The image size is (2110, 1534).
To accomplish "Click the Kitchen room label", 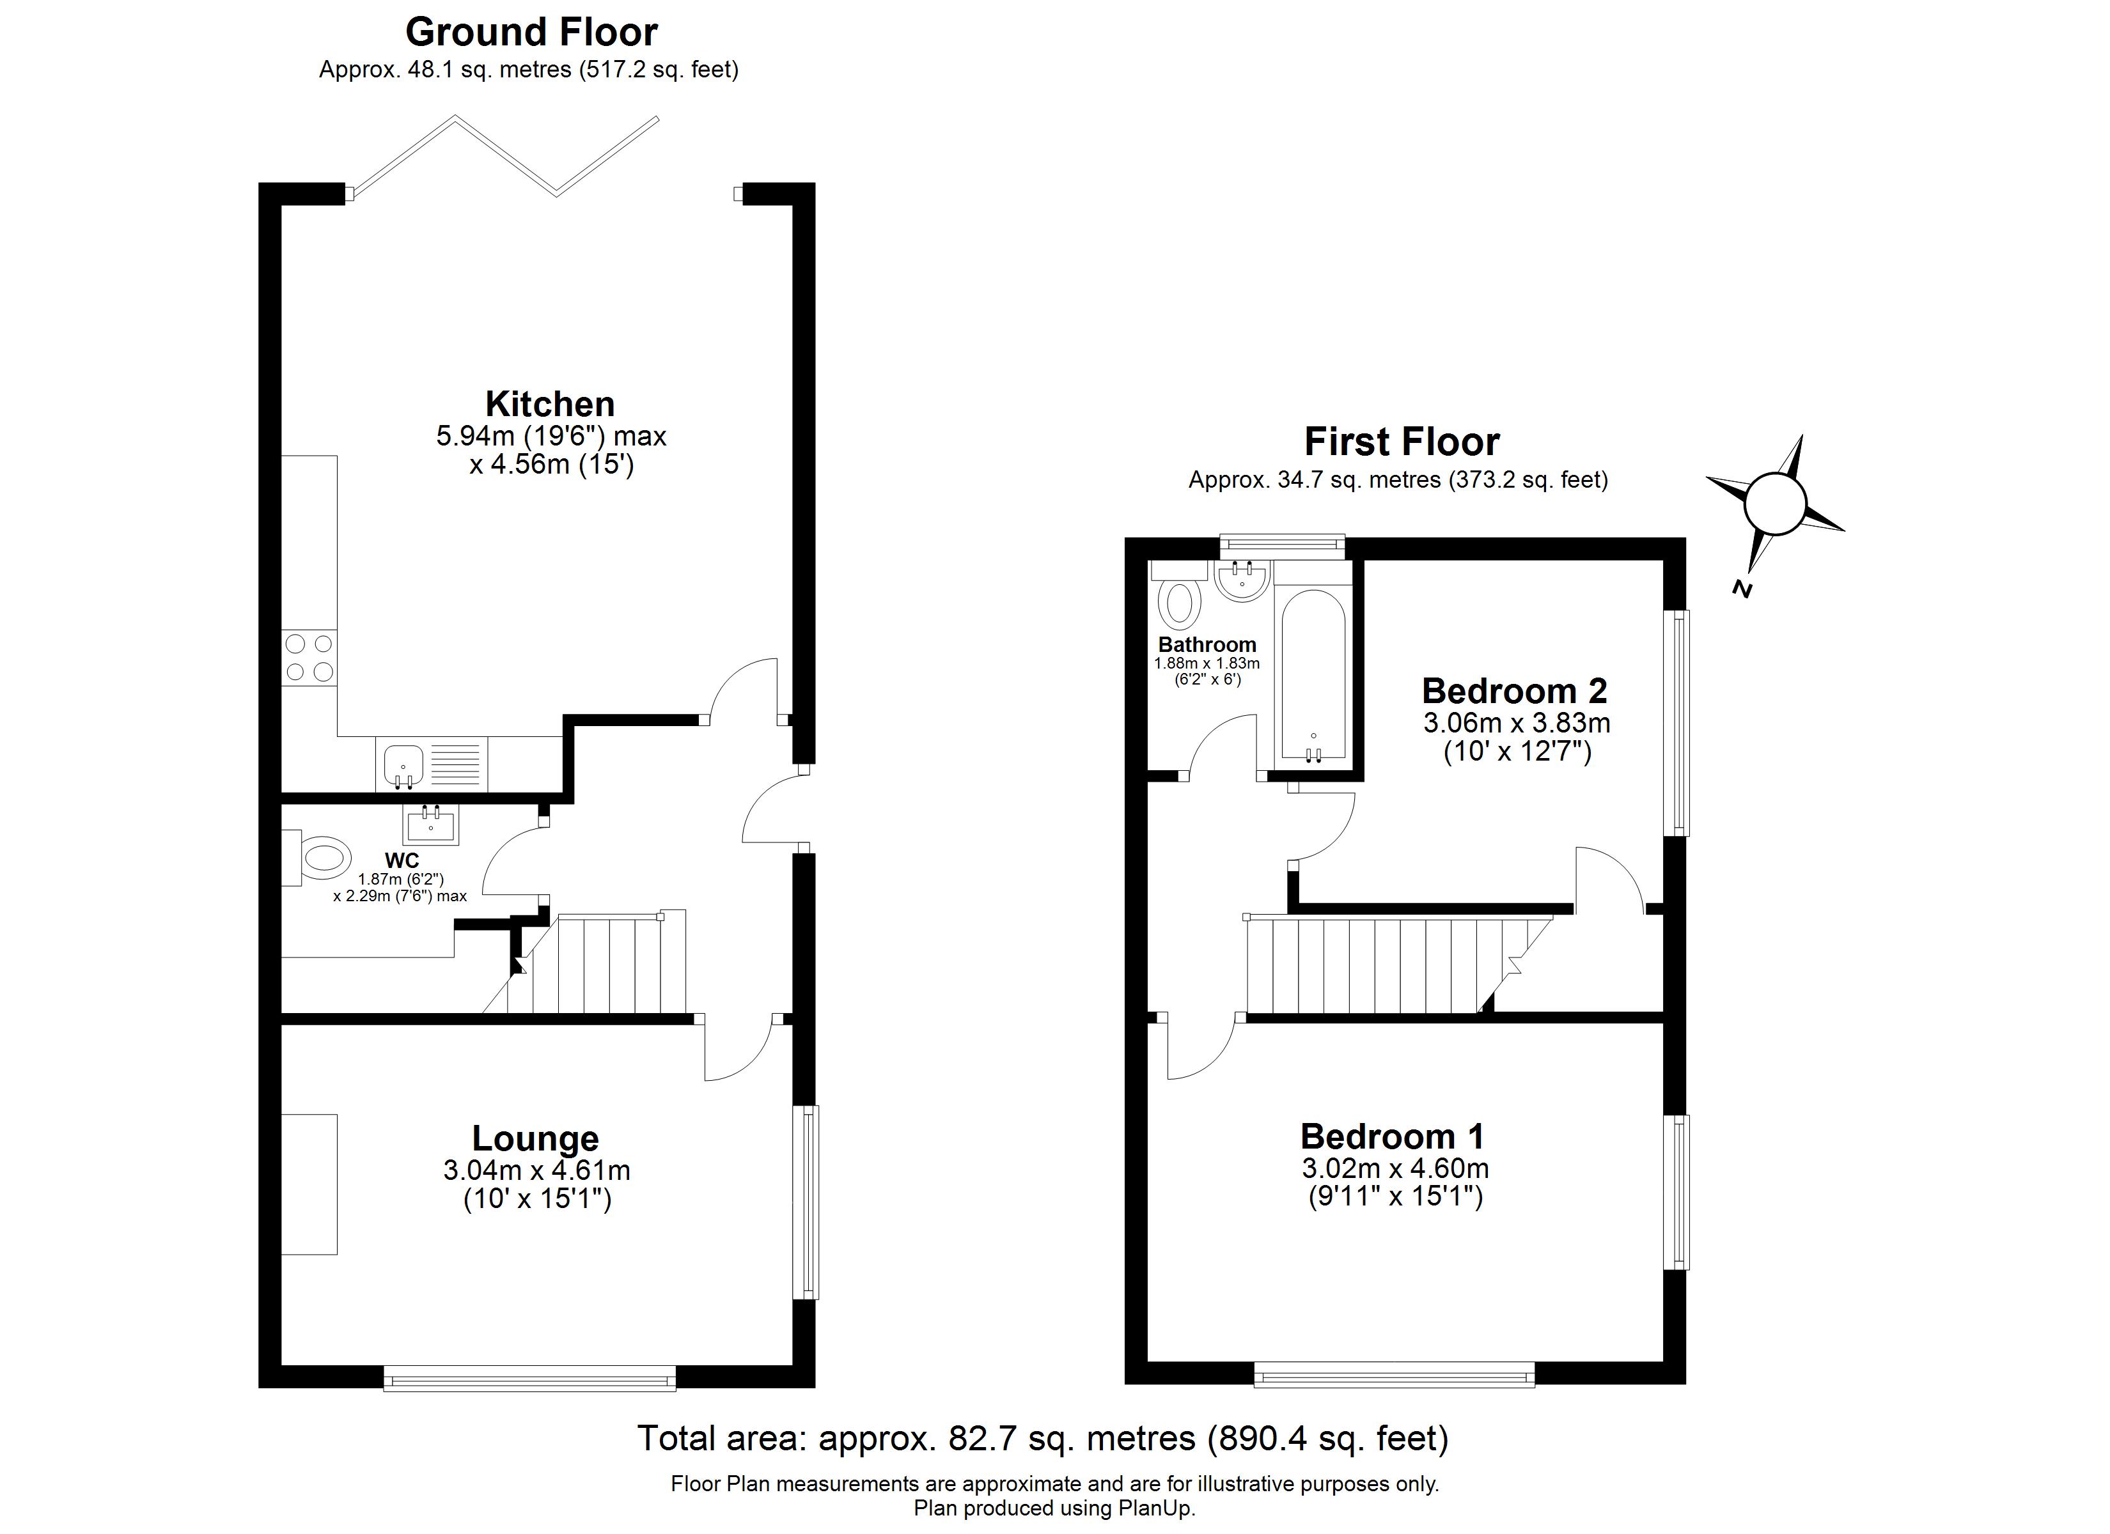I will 550,405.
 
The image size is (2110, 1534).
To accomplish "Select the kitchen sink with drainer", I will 432,764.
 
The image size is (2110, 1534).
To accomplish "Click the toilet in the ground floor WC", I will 321,856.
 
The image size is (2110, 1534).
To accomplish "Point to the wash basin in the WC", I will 431,823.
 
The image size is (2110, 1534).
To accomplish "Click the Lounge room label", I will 535,1138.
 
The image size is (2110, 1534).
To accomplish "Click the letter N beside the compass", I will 1742,588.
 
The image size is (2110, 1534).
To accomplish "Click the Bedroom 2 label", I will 1515,691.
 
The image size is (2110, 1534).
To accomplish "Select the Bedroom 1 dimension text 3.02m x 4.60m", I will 1395,1168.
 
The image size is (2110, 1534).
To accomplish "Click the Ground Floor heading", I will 531,33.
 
